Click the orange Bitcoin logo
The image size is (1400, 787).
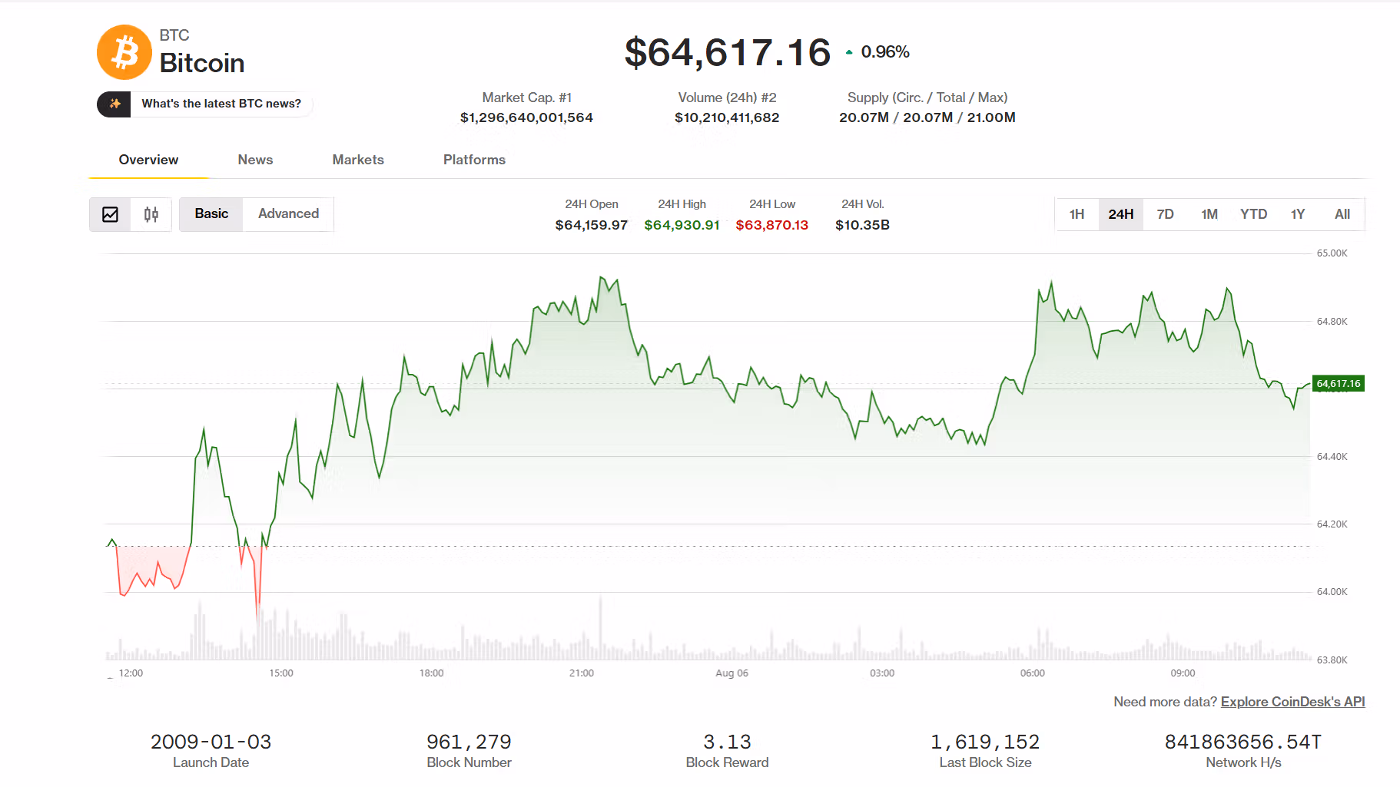coord(124,52)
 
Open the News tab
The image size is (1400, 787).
coord(255,160)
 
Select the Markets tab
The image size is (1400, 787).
coord(358,160)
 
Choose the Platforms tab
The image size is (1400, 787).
coord(474,160)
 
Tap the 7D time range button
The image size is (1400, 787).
coord(1165,214)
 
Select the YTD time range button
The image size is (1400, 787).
coord(1253,214)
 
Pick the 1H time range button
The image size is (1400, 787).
coord(1077,214)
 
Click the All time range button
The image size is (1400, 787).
coord(1342,214)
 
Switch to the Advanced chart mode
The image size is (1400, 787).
coord(288,213)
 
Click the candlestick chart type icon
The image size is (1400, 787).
coord(151,214)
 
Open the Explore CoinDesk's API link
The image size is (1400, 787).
coord(1292,702)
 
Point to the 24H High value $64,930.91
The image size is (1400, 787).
coord(682,225)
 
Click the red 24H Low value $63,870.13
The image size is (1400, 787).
coord(771,225)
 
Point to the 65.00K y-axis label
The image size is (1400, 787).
coord(1332,253)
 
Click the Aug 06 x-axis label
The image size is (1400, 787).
coord(732,673)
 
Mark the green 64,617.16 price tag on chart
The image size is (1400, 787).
coord(1339,383)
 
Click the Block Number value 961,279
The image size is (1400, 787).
coord(469,742)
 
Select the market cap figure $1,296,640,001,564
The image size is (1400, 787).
coord(526,117)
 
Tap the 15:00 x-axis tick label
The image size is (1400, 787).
coord(281,673)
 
